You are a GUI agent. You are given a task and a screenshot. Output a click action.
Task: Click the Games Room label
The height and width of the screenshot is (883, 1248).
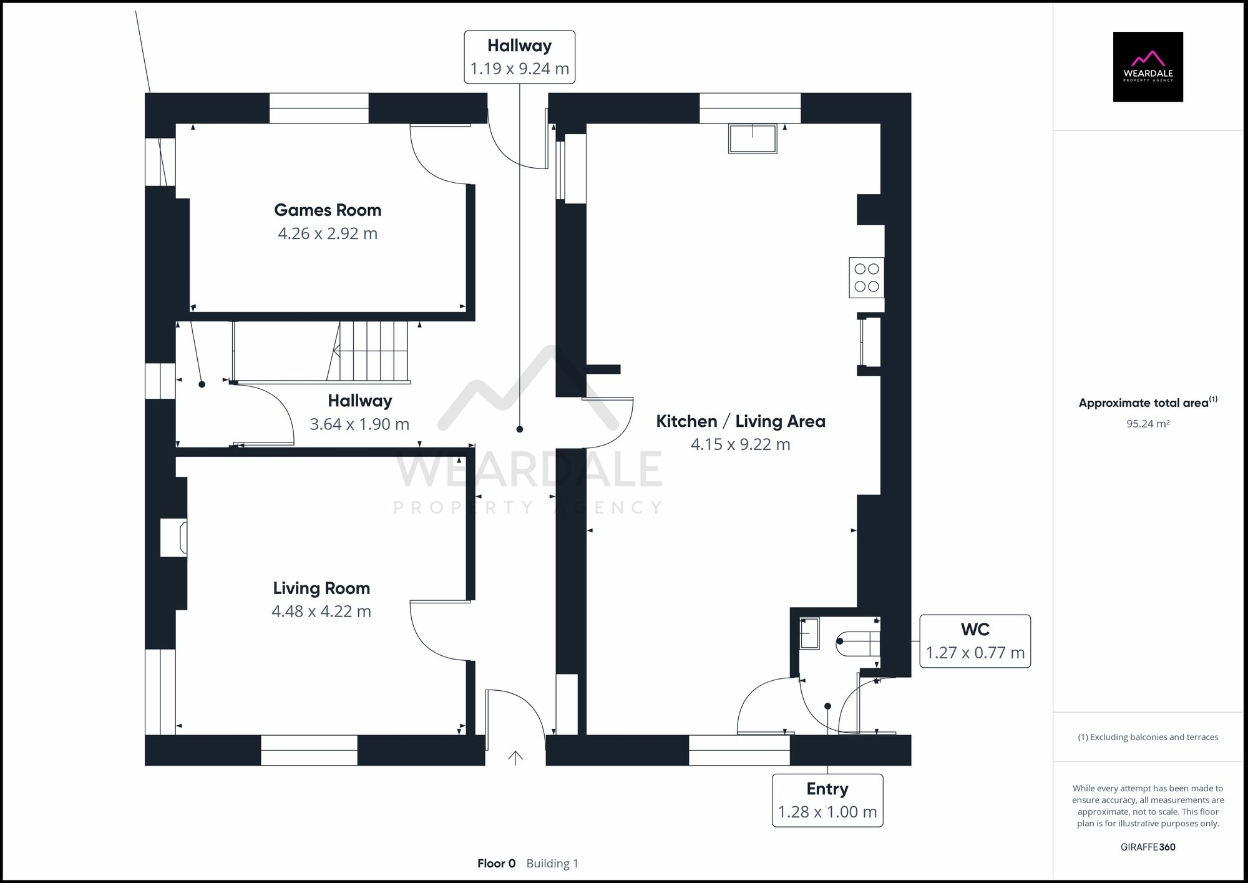click(x=328, y=210)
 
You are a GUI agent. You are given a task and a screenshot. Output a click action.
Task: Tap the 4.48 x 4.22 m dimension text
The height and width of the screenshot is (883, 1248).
click(x=321, y=612)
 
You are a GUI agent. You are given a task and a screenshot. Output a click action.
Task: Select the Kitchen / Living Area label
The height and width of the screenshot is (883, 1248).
click(x=740, y=421)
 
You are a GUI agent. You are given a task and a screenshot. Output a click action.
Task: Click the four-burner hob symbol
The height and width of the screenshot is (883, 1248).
click(x=866, y=278)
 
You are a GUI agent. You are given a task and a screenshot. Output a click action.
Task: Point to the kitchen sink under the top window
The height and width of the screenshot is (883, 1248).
click(x=753, y=139)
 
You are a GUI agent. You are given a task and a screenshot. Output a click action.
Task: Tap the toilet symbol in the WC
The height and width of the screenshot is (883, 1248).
click(x=857, y=645)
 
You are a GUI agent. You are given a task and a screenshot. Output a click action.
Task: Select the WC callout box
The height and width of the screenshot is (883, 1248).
click(x=975, y=642)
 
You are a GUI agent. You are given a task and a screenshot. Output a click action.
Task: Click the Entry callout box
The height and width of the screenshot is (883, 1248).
click(x=827, y=801)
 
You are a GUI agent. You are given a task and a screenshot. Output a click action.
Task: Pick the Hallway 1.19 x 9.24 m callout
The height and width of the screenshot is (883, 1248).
click(x=519, y=57)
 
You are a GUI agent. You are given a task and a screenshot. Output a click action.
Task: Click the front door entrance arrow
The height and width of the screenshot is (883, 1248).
click(x=515, y=758)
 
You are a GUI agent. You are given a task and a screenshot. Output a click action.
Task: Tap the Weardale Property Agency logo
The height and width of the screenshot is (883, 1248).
click(x=1148, y=67)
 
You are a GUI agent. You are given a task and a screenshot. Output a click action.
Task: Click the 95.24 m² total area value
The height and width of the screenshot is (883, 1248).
click(x=1148, y=424)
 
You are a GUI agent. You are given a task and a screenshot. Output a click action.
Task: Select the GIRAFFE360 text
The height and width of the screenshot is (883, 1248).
click(x=1148, y=847)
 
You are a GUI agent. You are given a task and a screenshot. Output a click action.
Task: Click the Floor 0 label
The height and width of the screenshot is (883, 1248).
click(x=496, y=864)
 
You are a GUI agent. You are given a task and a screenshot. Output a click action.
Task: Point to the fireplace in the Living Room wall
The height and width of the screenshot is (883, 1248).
click(x=174, y=537)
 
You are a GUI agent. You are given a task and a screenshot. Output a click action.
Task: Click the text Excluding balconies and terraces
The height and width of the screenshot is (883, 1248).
click(x=1148, y=737)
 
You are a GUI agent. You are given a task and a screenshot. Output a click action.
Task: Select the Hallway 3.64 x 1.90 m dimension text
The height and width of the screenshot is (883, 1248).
click(x=359, y=424)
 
